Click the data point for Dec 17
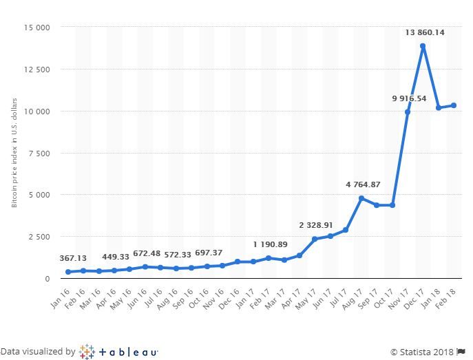click(423, 46)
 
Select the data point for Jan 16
click(68, 272)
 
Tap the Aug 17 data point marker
click(361, 198)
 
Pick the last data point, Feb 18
click(454, 105)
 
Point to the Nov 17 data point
click(407, 112)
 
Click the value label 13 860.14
click(425, 32)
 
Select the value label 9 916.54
click(409, 98)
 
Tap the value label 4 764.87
click(363, 184)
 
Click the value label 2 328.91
click(316, 225)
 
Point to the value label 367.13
click(73, 258)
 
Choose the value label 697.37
click(209, 253)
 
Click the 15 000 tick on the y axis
click(36, 28)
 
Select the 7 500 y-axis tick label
click(39, 153)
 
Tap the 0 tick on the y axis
click(48, 279)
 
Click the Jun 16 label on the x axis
click(137, 299)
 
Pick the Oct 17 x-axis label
click(383, 299)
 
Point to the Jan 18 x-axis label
click(430, 299)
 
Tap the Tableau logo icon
click(87, 352)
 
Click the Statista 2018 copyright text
click(422, 352)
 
